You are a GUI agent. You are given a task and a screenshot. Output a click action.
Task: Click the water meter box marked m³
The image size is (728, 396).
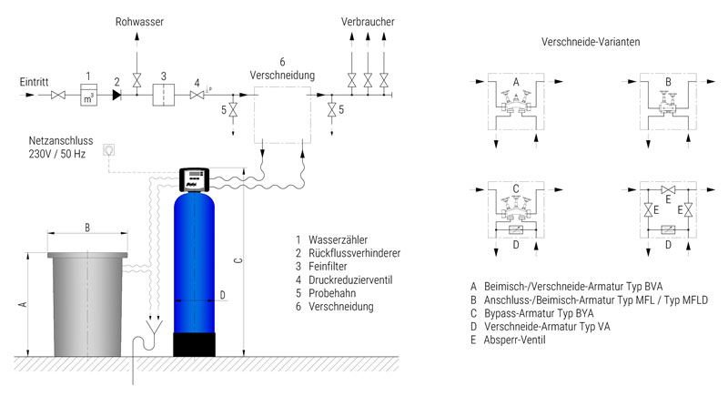[88, 95]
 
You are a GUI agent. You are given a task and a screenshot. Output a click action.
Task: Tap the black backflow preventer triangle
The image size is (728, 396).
[116, 95]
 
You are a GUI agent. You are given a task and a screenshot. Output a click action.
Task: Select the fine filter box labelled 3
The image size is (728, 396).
[164, 95]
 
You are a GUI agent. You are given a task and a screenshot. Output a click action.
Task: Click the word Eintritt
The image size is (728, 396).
[34, 82]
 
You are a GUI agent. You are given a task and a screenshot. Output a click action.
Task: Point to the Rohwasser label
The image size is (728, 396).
[139, 22]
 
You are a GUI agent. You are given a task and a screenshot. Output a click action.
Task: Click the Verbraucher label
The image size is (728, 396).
[368, 22]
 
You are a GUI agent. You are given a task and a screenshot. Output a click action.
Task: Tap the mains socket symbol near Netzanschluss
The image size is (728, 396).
[108, 149]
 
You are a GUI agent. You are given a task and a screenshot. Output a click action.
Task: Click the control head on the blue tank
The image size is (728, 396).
[194, 179]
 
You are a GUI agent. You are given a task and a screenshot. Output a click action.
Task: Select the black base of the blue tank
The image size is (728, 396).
[194, 344]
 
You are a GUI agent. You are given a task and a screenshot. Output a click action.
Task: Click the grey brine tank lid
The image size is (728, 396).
[87, 255]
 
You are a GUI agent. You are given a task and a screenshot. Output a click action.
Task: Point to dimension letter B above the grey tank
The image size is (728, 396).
[87, 228]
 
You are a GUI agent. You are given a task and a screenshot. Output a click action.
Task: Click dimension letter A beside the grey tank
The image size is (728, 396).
[22, 305]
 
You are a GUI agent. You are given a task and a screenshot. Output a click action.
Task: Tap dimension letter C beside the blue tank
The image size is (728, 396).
[238, 261]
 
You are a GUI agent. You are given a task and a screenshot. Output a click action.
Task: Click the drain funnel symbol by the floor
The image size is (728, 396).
[154, 327]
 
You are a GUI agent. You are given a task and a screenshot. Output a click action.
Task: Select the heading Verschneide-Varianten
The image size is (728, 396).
[591, 42]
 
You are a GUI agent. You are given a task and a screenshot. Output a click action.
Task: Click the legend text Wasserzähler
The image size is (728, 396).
[338, 240]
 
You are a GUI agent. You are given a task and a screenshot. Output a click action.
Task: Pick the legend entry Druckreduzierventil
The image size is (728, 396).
[350, 280]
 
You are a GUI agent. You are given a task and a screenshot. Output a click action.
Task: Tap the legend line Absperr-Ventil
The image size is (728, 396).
[514, 340]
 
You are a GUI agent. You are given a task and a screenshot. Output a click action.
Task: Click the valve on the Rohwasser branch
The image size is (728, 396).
[136, 80]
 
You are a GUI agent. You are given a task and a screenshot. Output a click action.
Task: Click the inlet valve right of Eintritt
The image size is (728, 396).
[58, 95]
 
